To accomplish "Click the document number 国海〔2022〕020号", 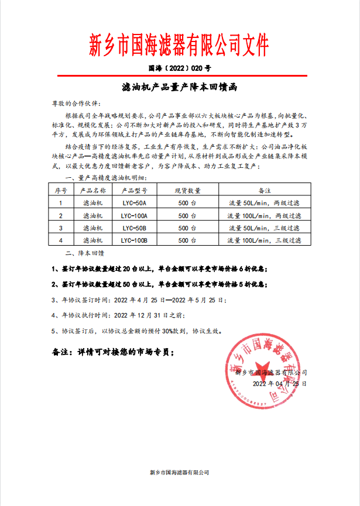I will [x=179, y=68].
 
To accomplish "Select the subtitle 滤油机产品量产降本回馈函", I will [x=180, y=86].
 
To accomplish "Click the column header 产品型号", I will [x=134, y=190].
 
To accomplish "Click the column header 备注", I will [x=263, y=190].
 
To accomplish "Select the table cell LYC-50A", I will [x=134, y=203].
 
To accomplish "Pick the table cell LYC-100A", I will [x=134, y=215].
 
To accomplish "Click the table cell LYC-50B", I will [x=134, y=228].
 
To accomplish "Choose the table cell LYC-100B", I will [x=134, y=240].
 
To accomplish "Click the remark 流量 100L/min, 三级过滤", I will [x=263, y=240].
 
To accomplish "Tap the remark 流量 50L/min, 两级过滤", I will [x=263, y=203].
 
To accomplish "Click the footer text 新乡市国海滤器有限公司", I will [x=180, y=472].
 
